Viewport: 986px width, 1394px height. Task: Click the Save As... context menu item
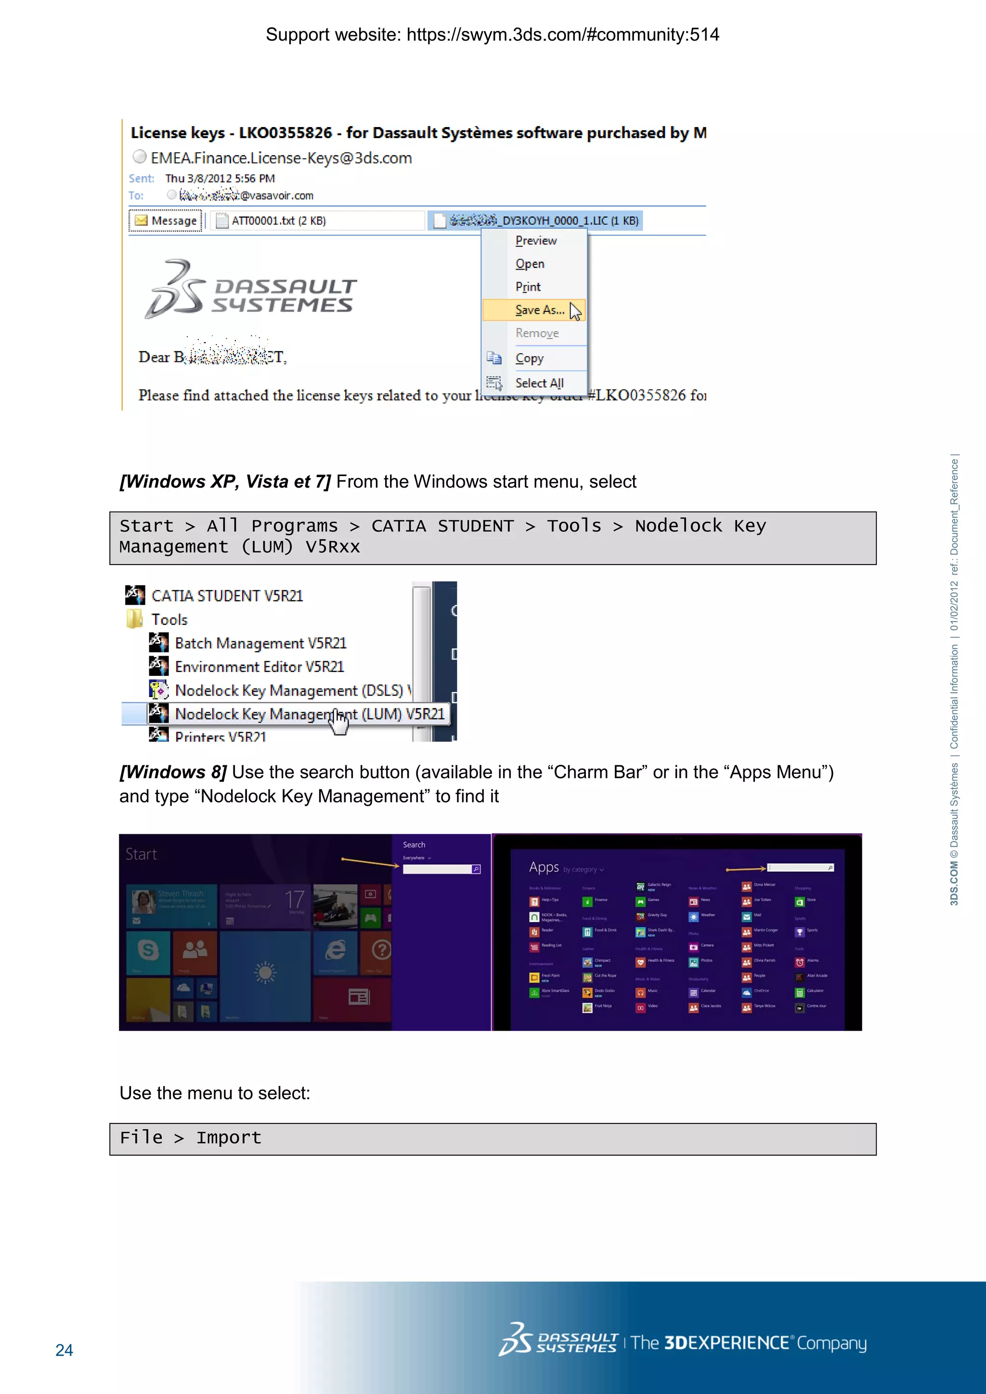click(x=539, y=310)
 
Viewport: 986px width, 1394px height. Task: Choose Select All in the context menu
click(x=539, y=383)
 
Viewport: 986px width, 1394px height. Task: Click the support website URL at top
click(x=562, y=35)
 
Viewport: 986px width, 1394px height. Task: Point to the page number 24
click(x=65, y=1350)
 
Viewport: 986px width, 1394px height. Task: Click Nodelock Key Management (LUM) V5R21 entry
click(x=310, y=714)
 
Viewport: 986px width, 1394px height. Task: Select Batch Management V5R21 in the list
click(x=260, y=643)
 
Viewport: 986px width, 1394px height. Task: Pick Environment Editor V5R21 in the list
click(x=259, y=667)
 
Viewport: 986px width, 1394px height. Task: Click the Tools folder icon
click(x=135, y=620)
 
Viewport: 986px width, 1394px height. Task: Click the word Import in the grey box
click(x=228, y=1138)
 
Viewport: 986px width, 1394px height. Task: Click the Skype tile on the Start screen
click(x=148, y=950)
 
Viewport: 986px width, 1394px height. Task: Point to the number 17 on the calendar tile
click(x=295, y=899)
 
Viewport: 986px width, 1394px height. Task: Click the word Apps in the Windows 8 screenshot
click(x=544, y=867)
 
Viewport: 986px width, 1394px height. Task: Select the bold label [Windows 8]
click(x=173, y=772)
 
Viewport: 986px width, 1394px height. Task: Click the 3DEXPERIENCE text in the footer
click(x=726, y=1343)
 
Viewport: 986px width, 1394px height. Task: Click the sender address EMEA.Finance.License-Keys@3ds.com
click(x=281, y=158)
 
